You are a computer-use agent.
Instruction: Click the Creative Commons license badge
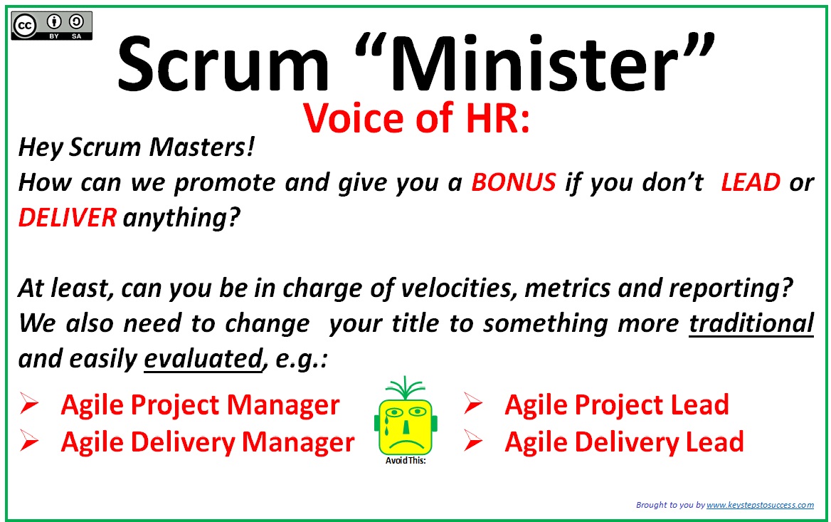click(x=52, y=26)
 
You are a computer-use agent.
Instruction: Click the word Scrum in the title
click(x=223, y=63)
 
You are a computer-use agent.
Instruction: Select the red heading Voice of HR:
click(x=416, y=118)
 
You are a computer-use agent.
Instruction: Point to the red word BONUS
click(x=514, y=182)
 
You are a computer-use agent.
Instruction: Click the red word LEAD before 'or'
click(x=751, y=182)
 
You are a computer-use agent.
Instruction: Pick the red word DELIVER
click(x=68, y=217)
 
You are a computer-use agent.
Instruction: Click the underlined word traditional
click(x=751, y=323)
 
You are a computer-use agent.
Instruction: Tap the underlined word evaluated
click(x=203, y=359)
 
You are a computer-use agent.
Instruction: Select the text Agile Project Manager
click(x=201, y=405)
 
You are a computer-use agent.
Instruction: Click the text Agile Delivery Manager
click(x=208, y=442)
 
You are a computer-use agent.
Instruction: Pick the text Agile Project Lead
click(x=617, y=405)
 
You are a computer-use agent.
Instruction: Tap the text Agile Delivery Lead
click(x=624, y=442)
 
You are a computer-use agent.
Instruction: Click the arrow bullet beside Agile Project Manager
click(x=29, y=404)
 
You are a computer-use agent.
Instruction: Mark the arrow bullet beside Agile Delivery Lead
click(x=473, y=442)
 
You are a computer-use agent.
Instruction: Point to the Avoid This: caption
click(x=406, y=461)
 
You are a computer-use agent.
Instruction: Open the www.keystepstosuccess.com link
click(x=760, y=505)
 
